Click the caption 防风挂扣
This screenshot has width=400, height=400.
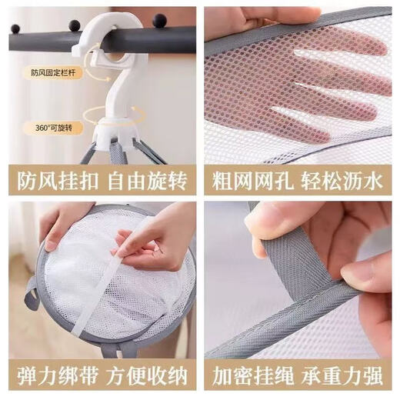click(x=52, y=181)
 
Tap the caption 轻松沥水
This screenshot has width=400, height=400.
click(x=348, y=181)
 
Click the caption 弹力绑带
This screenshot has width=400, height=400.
click(x=52, y=378)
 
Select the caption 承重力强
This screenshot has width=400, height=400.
click(x=348, y=378)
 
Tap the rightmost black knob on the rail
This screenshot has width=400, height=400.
click(x=159, y=20)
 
